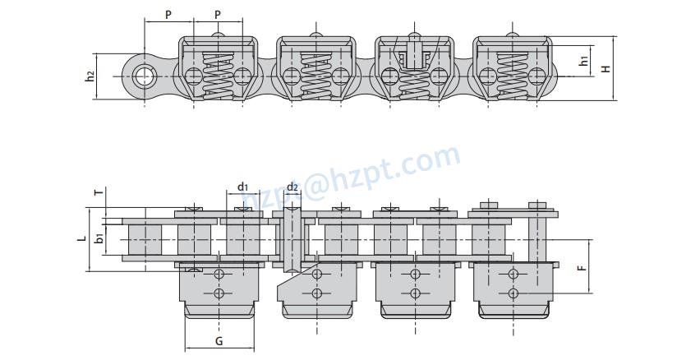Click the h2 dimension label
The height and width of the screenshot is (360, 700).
90,76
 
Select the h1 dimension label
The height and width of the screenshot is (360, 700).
583,61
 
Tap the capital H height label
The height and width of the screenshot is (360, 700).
606,68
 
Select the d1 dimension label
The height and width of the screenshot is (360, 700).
242,187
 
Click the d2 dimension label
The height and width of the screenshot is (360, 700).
292,187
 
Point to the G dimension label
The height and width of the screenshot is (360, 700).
219,340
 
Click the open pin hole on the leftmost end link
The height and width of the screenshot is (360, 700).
145,76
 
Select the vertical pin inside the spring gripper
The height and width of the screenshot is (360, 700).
414,56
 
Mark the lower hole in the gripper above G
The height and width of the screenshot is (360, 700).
219,293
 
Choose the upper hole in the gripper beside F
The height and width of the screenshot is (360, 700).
513,273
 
